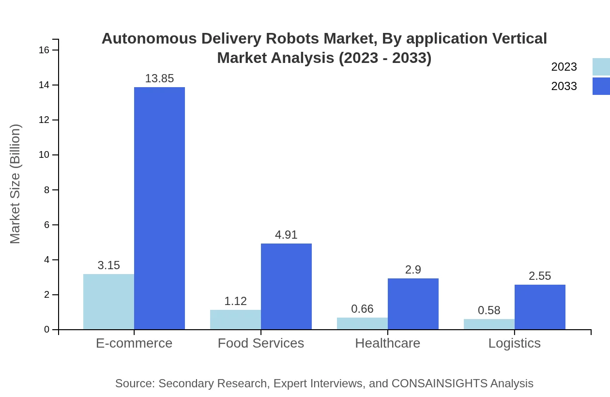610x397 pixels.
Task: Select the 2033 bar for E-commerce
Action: [159, 208]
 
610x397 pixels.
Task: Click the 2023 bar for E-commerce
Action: [108, 302]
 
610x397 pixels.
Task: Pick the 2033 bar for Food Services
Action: [286, 286]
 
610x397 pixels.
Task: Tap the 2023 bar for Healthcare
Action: [362, 323]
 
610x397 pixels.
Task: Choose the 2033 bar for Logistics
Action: [540, 307]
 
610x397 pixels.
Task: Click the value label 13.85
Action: [159, 78]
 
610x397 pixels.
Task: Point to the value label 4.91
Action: [286, 235]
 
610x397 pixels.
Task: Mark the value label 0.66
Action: [362, 309]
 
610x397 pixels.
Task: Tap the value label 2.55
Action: [540, 276]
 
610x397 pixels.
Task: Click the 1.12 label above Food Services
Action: [235, 301]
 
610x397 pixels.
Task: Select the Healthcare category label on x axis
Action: [387, 343]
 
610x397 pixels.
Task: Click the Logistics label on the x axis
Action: [514, 343]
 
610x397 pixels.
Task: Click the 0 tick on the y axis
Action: [47, 330]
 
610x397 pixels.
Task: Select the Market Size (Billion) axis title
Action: [15, 184]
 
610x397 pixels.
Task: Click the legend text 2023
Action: [564, 67]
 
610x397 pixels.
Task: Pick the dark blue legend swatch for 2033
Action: [601, 86]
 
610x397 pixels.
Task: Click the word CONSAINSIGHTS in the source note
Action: [439, 383]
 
